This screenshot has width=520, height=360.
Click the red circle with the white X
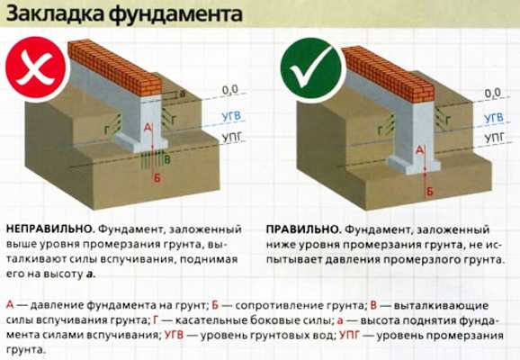[36, 69]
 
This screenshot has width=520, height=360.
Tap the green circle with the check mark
[310, 68]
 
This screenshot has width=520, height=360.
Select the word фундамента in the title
[175, 15]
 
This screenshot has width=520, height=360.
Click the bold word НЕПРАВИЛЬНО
[50, 229]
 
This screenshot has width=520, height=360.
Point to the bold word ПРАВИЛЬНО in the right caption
[304, 229]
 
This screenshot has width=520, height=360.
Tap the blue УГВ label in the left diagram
[231, 116]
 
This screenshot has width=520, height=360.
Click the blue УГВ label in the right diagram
[494, 118]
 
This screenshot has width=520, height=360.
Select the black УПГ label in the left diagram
[231, 137]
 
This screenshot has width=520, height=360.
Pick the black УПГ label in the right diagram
[494, 138]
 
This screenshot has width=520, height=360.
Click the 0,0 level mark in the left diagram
[230, 90]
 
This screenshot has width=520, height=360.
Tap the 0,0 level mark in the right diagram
[492, 93]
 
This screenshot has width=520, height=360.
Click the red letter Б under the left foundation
[157, 178]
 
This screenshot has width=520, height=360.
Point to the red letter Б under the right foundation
[429, 191]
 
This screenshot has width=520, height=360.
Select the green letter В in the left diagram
[166, 160]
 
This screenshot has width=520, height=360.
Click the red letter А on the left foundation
[148, 127]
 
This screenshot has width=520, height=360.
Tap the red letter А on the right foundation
[420, 150]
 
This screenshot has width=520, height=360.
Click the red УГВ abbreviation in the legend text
[174, 335]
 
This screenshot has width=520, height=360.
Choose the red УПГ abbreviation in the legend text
[349, 335]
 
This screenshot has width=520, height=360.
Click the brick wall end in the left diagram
[151, 86]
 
